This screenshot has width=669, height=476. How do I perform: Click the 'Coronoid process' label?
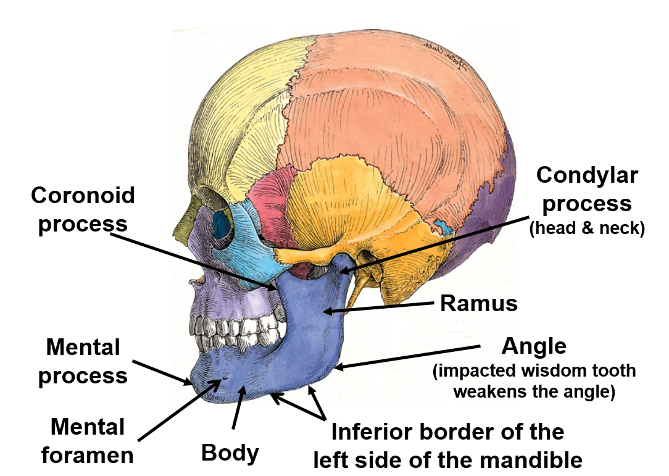pyautogui.click(x=83, y=209)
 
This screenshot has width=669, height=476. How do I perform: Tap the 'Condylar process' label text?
pyautogui.click(x=586, y=189)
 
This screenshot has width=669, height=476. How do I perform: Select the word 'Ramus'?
pyautogui.click(x=478, y=303)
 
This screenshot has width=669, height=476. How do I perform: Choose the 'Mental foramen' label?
pyautogui.click(x=87, y=440)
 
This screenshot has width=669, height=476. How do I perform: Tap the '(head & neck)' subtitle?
pyautogui.click(x=587, y=228)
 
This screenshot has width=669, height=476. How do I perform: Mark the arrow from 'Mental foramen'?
pyautogui.click(x=179, y=411)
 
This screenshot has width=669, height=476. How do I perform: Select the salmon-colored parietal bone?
pyautogui.click(x=395, y=111)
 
